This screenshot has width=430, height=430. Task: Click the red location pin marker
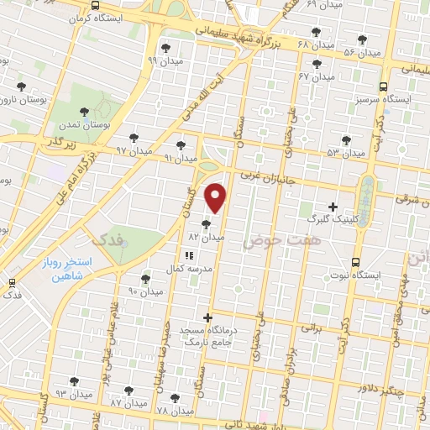coord(217,198)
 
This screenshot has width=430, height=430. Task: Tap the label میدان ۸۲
coord(206,238)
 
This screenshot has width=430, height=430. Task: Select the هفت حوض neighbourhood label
coord(271,241)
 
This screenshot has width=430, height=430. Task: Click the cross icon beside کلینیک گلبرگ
coord(333,207)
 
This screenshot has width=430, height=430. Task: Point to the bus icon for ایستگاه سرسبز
coord(383,87)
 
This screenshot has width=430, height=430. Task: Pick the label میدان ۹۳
coord(74,394)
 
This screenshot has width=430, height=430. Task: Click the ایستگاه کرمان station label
coord(97,18)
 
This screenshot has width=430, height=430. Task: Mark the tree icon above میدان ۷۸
coord(175,398)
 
